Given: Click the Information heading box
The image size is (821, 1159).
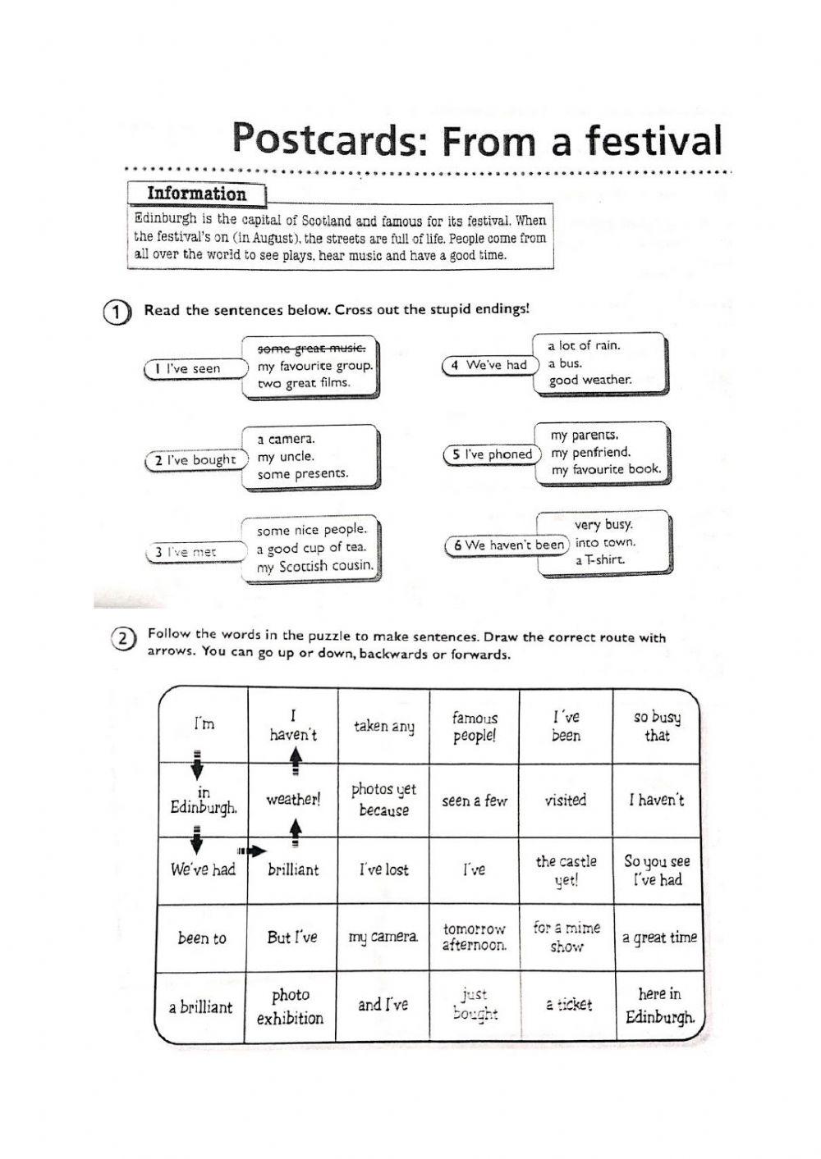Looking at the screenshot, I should click(x=196, y=194).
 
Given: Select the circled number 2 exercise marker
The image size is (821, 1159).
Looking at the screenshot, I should click(x=122, y=639).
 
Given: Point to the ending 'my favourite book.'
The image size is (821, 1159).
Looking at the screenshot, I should click(x=606, y=470).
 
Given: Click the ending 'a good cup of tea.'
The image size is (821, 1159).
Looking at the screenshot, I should click(x=311, y=548).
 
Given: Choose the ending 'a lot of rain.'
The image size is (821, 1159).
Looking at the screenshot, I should click(x=584, y=345).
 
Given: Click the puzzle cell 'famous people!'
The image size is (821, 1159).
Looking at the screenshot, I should click(x=475, y=727).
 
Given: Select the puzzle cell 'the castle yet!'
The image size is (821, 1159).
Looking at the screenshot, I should click(x=566, y=870).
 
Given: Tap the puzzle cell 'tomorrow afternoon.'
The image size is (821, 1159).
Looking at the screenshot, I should click(x=475, y=938).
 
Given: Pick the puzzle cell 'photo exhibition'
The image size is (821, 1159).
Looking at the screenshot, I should click(x=291, y=1006).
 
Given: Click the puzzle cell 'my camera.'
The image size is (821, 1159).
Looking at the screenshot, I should click(x=383, y=937).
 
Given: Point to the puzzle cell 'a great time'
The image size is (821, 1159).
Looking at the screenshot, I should click(x=659, y=938).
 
